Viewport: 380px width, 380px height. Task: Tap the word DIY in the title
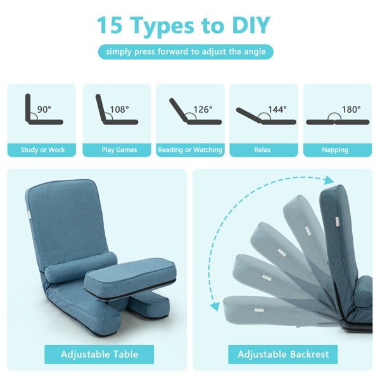tap(250, 25)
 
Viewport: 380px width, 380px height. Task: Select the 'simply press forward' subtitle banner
tap(186, 52)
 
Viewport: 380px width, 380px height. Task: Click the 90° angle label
tap(44, 110)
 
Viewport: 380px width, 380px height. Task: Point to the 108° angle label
tap(118, 110)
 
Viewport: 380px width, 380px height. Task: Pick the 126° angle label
tap(203, 110)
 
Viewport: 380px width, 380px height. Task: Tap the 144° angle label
tap(276, 110)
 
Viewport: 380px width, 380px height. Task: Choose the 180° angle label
tap(350, 110)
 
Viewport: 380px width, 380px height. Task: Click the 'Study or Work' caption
tap(42, 150)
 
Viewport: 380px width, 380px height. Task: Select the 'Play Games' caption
tap(118, 150)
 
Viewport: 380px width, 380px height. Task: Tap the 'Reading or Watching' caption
tap(190, 150)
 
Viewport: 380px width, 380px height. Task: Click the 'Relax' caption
tap(262, 150)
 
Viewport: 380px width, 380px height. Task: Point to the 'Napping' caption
tap(335, 150)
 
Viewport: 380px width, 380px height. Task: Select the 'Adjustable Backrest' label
tap(282, 354)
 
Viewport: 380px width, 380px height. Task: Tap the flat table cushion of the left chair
tap(130, 274)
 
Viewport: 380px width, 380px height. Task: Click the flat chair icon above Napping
tap(334, 121)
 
